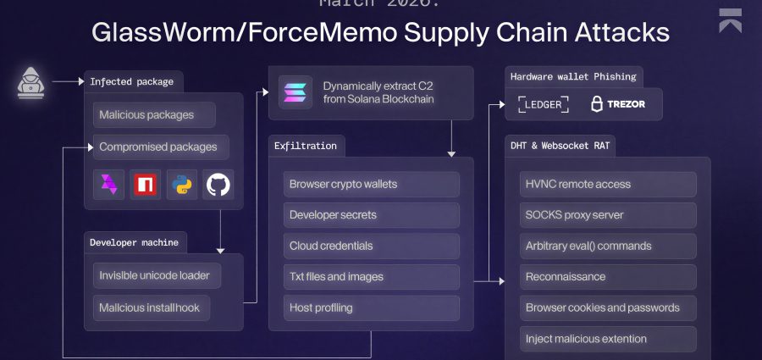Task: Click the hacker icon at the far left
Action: (30, 81)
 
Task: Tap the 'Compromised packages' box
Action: (159, 147)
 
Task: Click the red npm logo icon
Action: (145, 184)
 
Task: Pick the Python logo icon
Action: (181, 184)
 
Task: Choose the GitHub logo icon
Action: (218, 184)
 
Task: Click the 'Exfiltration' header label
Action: (306, 146)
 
